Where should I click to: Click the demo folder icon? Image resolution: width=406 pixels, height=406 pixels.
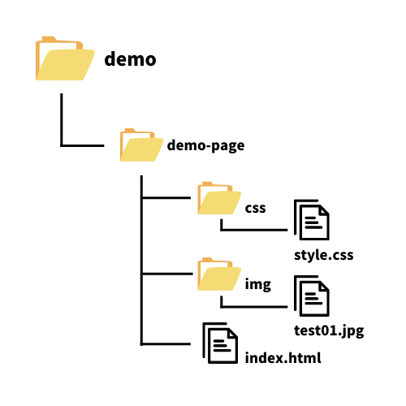click(x=65, y=58)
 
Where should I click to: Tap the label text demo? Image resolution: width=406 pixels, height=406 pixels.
click(x=130, y=59)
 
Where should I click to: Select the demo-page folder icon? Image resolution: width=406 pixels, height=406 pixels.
click(x=141, y=145)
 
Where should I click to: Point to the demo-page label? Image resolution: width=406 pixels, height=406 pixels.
click(x=205, y=145)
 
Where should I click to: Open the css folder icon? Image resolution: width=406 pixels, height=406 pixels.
click(x=219, y=198)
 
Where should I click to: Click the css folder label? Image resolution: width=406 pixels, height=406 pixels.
click(x=255, y=208)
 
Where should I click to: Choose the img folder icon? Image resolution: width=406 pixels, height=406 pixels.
click(x=219, y=274)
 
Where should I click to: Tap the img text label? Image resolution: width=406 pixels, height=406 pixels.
click(x=258, y=284)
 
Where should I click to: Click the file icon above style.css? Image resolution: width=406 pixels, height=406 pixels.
click(x=312, y=220)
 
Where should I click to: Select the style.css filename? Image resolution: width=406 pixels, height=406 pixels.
click(x=324, y=255)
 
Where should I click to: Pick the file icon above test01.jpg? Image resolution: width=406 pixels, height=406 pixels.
click(x=312, y=296)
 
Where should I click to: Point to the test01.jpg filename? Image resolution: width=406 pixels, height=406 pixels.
click(x=329, y=330)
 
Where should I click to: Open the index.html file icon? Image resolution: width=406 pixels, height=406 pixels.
click(x=220, y=343)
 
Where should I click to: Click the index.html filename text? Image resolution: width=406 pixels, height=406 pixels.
click(x=283, y=358)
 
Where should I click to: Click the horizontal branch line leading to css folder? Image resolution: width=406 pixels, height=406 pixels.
click(x=166, y=198)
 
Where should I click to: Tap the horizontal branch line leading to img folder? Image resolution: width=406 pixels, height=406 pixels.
click(x=167, y=274)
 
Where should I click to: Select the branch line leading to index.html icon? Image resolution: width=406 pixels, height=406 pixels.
click(x=166, y=344)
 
